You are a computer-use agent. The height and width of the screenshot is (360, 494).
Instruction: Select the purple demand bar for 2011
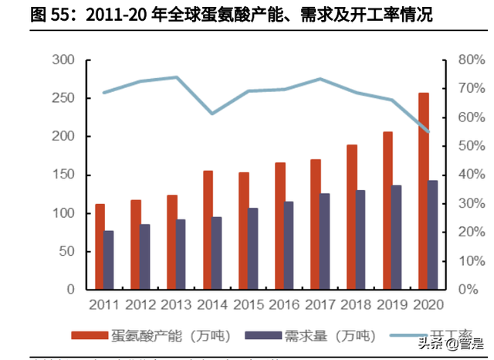(x=109, y=260)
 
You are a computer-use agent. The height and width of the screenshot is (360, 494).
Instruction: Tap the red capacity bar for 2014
(x=208, y=229)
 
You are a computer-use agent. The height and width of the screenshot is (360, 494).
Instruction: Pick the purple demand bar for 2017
(x=325, y=241)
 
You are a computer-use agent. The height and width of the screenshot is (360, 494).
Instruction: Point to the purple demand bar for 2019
(x=397, y=237)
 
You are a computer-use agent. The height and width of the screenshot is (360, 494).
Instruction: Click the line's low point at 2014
(x=212, y=114)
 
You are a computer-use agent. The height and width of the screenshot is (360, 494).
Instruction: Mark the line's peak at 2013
(x=176, y=77)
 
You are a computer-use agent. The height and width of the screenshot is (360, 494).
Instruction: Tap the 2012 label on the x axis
(x=140, y=304)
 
